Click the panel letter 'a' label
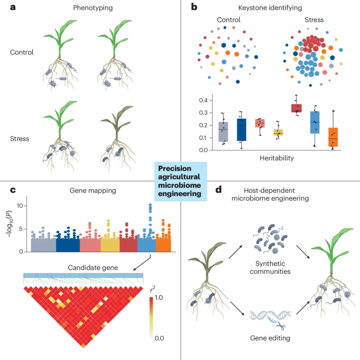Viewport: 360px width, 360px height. pyautogui.click(x=13, y=7)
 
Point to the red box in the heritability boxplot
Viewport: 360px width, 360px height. pyautogui.click(x=296, y=108)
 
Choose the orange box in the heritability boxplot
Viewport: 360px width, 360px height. pyautogui.click(x=333, y=137)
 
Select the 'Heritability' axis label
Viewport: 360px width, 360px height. pyautogui.click(x=277, y=158)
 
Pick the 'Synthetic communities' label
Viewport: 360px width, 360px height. pyautogui.click(x=270, y=267)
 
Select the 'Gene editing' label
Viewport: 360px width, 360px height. pyautogui.click(x=270, y=338)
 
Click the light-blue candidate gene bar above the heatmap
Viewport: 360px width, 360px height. pyautogui.click(x=83, y=275)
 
